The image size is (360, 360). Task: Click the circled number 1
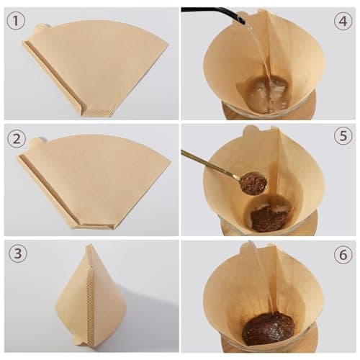click(x=16, y=21)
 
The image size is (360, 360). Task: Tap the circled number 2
click(x=17, y=139)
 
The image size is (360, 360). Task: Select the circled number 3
click(x=18, y=253)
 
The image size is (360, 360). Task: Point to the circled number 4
click(x=343, y=21)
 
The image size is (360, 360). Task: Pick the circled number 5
click(x=343, y=136)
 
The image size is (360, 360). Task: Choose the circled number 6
click(x=343, y=254)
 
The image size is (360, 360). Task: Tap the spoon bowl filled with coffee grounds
click(x=253, y=183)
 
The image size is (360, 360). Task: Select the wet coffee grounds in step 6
click(x=268, y=328)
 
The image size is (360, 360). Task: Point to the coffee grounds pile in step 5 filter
click(x=269, y=219)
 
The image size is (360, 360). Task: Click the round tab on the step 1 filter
click(x=42, y=28)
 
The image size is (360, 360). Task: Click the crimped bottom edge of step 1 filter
click(x=99, y=112)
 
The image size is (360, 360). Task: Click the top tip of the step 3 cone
click(x=90, y=244)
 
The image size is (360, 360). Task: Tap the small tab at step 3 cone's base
click(x=79, y=341)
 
